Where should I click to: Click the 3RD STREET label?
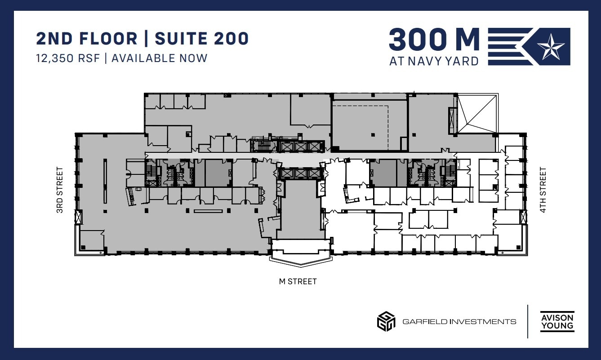(x=60, y=190)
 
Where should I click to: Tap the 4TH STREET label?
(x=543, y=190)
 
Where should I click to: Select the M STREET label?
(x=298, y=282)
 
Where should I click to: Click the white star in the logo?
(x=552, y=47)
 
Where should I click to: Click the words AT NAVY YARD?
(x=434, y=61)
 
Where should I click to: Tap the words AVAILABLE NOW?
(x=160, y=58)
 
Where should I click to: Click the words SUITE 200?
(x=201, y=39)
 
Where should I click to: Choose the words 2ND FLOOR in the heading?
(x=87, y=39)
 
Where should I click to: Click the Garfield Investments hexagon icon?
(x=386, y=321)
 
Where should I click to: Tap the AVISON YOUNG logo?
(x=557, y=321)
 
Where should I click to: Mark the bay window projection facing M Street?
(x=300, y=259)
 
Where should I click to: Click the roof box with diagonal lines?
(x=477, y=114)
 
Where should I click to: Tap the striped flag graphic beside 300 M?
(x=510, y=46)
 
